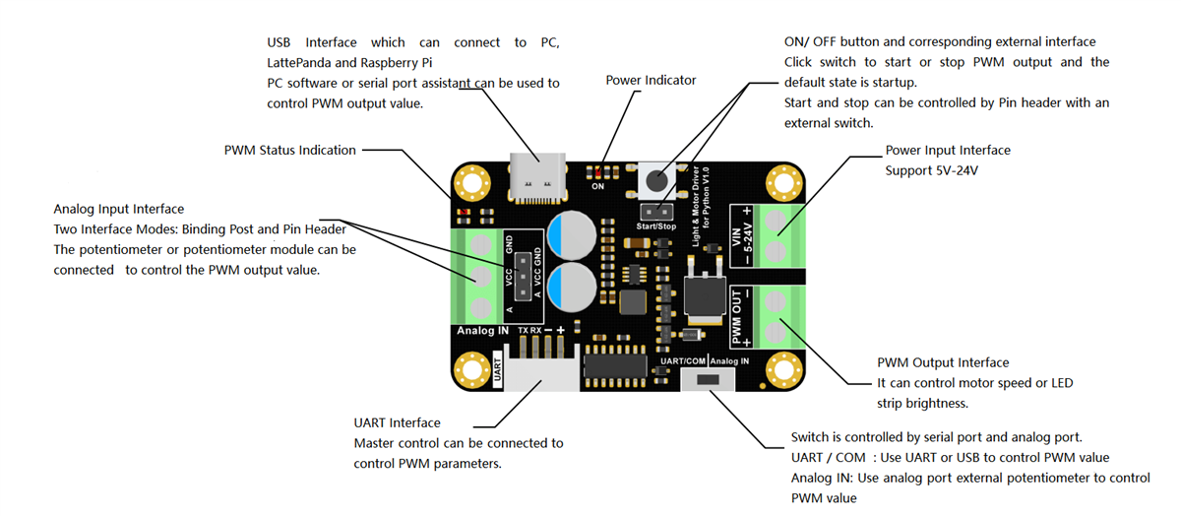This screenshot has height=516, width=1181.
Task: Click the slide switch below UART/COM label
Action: click(x=707, y=380)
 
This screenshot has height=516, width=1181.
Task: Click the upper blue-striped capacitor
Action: click(x=575, y=234)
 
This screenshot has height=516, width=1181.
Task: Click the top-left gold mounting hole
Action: click(x=473, y=183)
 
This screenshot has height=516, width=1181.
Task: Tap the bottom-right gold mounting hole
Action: click(x=783, y=370)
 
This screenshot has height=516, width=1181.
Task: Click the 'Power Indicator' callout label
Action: click(x=651, y=81)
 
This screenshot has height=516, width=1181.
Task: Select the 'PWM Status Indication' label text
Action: click(x=289, y=151)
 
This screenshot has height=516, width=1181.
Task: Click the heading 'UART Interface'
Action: click(x=397, y=423)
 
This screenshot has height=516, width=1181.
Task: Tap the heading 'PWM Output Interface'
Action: click(x=942, y=363)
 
